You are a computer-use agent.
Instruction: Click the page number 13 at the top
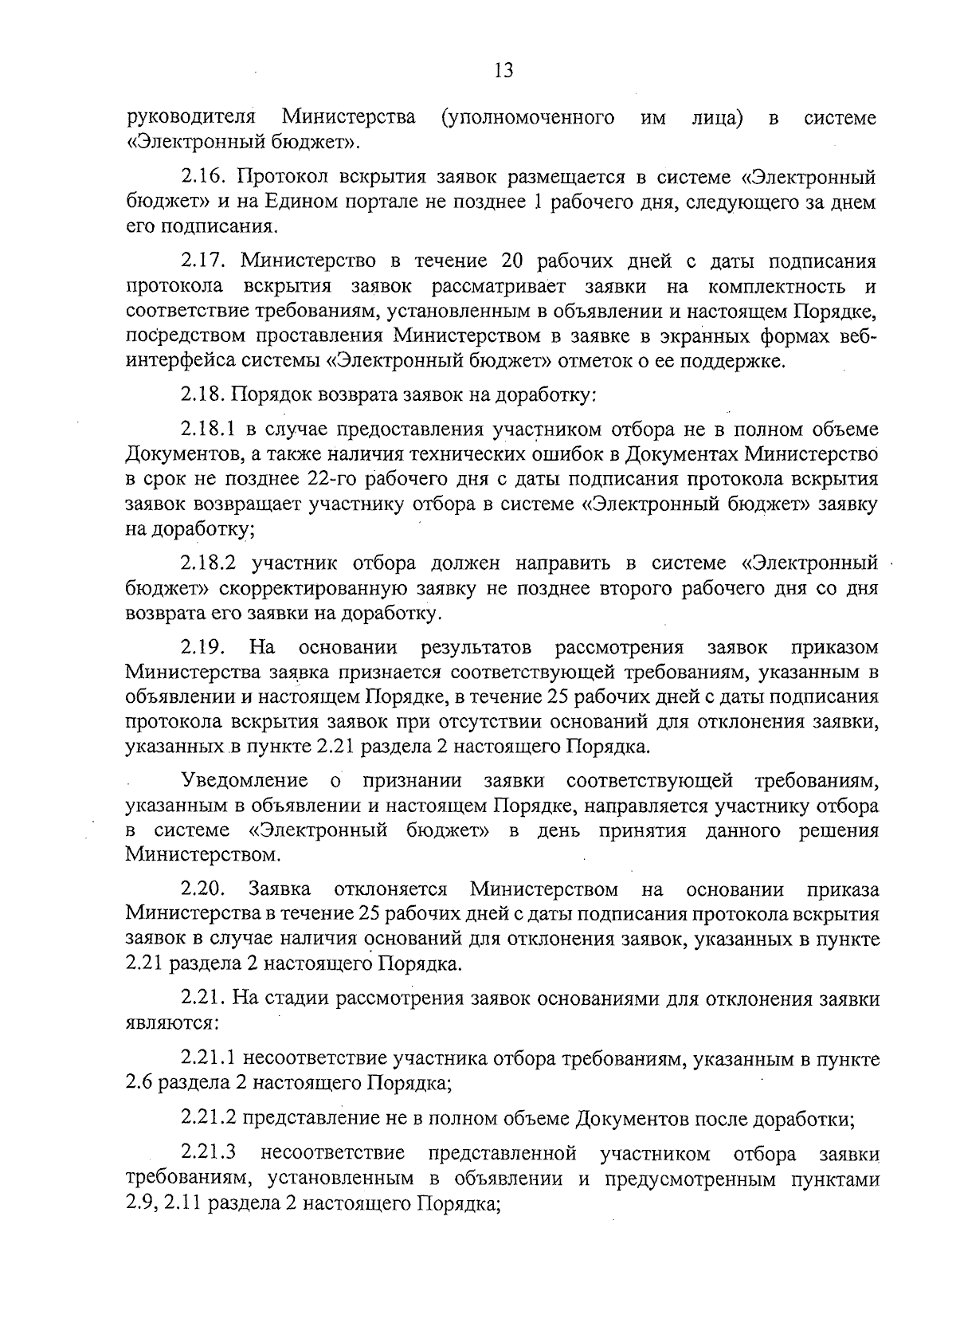[x=503, y=71]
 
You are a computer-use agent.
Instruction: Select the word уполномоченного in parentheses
[x=527, y=119]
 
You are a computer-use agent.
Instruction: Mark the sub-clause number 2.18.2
[x=210, y=563]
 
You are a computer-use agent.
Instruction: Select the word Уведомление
[x=245, y=779]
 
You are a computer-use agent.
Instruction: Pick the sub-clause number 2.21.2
[x=209, y=1119]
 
